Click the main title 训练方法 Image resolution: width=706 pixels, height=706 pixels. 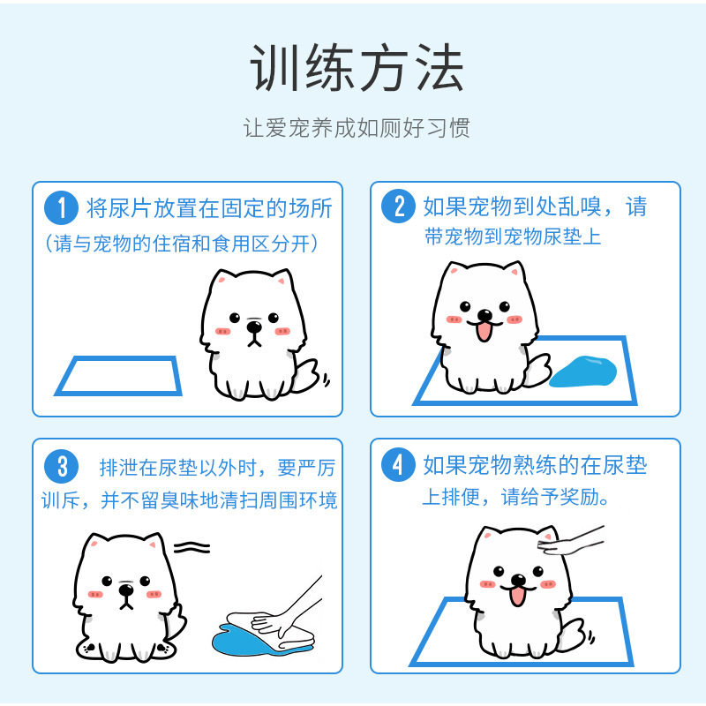[x=357, y=68]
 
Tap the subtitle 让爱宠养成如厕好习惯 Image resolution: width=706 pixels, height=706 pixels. [x=357, y=128]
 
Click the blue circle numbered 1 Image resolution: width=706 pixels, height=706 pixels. [x=61, y=207]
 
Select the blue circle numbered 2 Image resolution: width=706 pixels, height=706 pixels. [x=398, y=207]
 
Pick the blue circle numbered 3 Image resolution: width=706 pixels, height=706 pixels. [x=61, y=466]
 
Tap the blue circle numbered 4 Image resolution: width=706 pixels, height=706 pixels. [x=398, y=464]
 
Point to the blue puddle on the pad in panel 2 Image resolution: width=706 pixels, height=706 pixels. [x=584, y=372]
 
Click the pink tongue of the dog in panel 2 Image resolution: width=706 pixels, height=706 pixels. [x=484, y=332]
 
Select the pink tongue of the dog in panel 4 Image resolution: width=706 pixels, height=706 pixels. [x=517, y=597]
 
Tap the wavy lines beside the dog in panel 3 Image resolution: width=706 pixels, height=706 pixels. [x=192, y=547]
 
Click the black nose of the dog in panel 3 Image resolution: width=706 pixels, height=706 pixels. [x=126, y=590]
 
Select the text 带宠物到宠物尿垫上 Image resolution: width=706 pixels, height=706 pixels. [x=513, y=237]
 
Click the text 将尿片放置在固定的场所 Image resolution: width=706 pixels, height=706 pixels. [x=209, y=208]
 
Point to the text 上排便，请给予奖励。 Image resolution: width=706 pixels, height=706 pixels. [x=516, y=497]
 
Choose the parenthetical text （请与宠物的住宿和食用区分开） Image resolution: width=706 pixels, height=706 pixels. [x=181, y=244]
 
